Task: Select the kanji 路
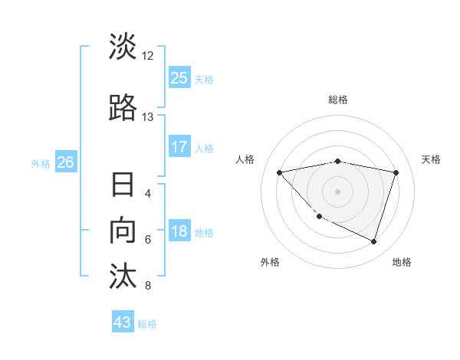pyautogui.click(x=123, y=107)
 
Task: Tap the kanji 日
pyautogui.click(x=123, y=186)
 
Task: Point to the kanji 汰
pyautogui.click(x=123, y=276)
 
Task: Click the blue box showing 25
pyautogui.click(x=179, y=77)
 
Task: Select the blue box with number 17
pyautogui.click(x=179, y=147)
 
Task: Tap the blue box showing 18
pyautogui.click(x=179, y=231)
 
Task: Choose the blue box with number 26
pyautogui.click(x=65, y=162)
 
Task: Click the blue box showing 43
pyautogui.click(x=123, y=322)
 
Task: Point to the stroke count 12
pyautogui.click(x=148, y=56)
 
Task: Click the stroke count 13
pyautogui.click(x=148, y=117)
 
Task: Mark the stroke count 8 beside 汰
pyautogui.click(x=148, y=286)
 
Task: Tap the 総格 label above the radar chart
pyautogui.click(x=338, y=100)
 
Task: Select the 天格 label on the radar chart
pyautogui.click(x=431, y=159)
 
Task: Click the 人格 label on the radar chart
pyautogui.click(x=245, y=159)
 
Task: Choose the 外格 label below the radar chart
pyautogui.click(x=270, y=262)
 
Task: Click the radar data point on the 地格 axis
pyautogui.click(x=373, y=241)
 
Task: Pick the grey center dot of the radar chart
pyautogui.click(x=337, y=191)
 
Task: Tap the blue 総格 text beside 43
pyautogui.click(x=147, y=324)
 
